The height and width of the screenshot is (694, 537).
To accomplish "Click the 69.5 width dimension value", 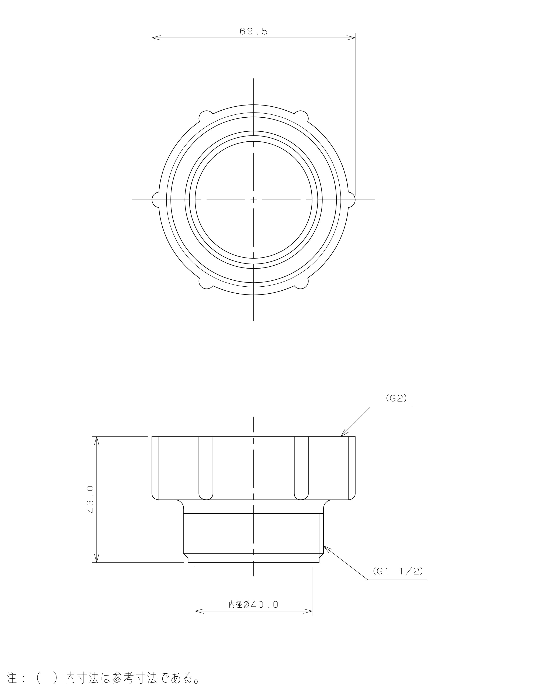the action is (x=254, y=31).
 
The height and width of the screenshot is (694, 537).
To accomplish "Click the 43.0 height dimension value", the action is (x=90, y=503).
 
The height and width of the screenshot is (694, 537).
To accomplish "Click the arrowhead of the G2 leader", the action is (x=343, y=434).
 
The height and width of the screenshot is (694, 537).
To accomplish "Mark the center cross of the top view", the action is (x=254, y=200).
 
